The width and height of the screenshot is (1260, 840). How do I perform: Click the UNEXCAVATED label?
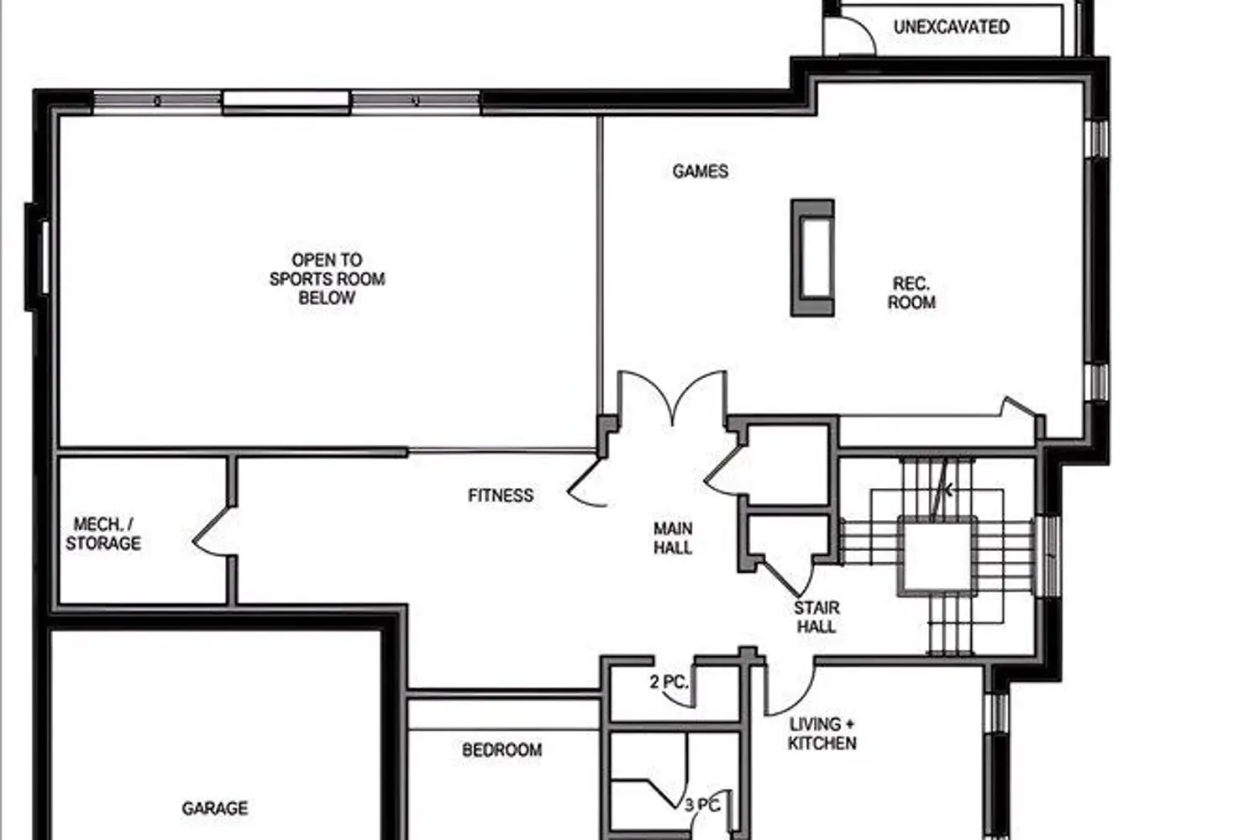951,27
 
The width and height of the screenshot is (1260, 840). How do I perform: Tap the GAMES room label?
701,171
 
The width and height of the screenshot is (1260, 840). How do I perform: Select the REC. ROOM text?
911,292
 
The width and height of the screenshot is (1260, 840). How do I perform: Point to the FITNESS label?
501,495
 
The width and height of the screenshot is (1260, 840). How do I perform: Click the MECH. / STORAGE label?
103,534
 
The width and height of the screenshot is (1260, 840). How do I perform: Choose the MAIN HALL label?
673,538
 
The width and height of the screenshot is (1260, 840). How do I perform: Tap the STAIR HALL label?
816,617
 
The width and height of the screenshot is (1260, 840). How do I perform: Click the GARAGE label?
215,808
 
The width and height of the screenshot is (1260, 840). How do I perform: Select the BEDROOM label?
501,750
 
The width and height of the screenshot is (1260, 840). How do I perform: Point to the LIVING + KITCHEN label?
822,733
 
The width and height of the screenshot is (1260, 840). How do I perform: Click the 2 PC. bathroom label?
669,682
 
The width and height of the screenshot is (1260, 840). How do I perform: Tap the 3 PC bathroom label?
702,806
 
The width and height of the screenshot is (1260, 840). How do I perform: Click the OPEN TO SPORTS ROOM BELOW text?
327,279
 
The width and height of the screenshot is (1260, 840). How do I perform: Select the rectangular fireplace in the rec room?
812,258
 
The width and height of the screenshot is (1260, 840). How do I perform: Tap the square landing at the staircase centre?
937,556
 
